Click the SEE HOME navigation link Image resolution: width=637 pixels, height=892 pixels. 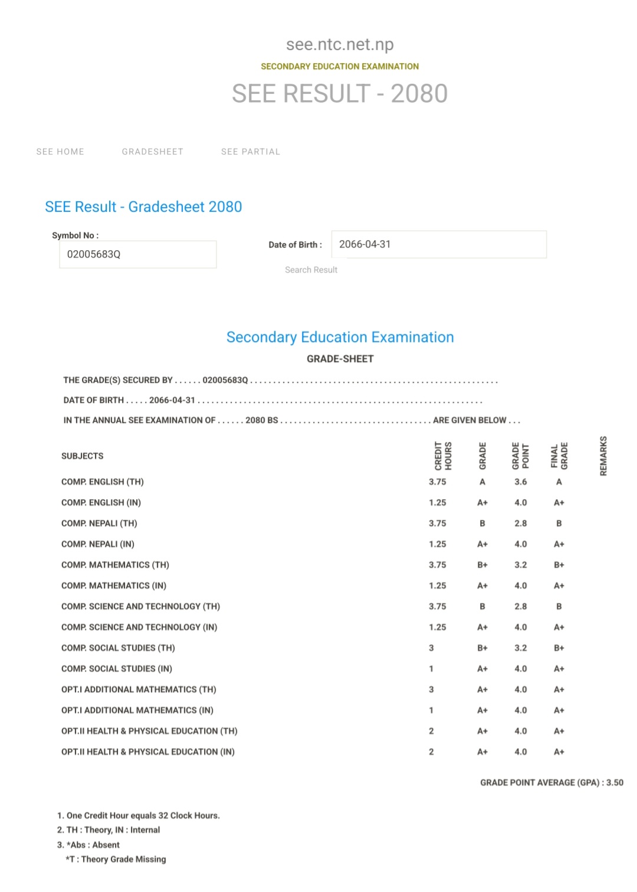point(60,152)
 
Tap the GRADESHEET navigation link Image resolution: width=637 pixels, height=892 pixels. point(152,152)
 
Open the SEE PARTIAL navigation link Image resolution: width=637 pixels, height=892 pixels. point(251,152)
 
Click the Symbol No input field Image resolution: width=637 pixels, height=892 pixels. point(138,254)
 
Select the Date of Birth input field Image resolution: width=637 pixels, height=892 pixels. point(439,244)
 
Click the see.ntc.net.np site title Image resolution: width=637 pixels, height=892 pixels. point(340,44)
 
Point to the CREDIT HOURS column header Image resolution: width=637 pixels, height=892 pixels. point(443,456)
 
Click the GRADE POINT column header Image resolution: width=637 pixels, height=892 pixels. point(520,456)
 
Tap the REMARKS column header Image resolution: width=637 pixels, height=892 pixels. point(603,456)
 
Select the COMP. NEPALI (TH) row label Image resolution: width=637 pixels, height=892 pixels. point(99,523)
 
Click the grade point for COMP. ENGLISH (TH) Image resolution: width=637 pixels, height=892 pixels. point(520,482)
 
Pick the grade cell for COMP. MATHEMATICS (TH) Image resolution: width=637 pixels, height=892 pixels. point(482,565)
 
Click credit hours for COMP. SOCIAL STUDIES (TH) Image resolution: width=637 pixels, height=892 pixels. point(431,648)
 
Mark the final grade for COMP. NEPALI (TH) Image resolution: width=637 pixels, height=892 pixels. point(559,523)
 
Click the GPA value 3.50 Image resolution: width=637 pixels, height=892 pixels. point(615,782)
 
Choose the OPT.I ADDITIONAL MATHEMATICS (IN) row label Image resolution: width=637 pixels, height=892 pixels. point(137,710)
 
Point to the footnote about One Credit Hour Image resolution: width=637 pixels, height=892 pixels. point(139,815)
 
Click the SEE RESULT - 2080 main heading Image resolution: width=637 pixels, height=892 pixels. point(340,93)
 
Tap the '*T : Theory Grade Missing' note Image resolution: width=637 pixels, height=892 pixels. point(116,859)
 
